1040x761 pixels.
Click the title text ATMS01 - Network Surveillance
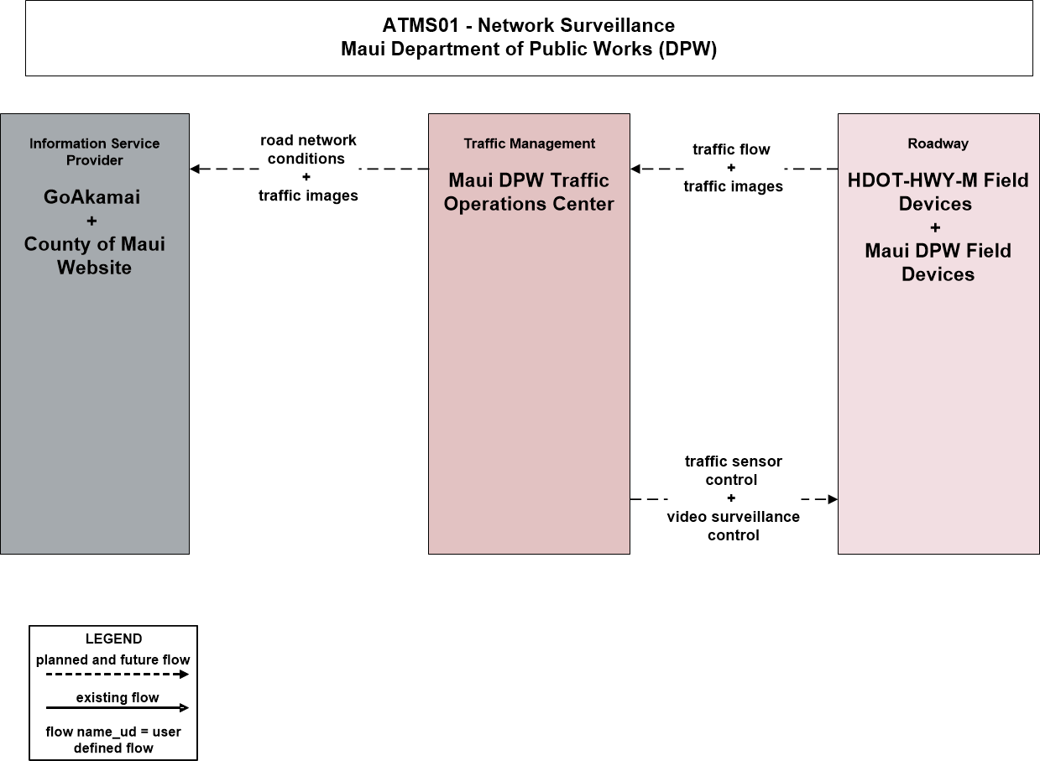[x=528, y=25]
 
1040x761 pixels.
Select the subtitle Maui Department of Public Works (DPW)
[x=529, y=49]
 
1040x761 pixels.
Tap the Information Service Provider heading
[x=94, y=152]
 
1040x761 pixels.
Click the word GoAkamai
[x=92, y=197]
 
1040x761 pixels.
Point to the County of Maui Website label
[x=94, y=256]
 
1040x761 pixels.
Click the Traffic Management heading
[x=530, y=143]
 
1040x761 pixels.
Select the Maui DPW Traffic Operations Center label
[x=529, y=192]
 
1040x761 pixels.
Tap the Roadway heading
[x=938, y=143]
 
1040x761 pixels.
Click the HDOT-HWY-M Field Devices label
[x=938, y=192]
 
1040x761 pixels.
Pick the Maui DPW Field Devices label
[x=938, y=263]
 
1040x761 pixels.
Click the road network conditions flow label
[x=308, y=149]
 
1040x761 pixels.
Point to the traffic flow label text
[x=731, y=149]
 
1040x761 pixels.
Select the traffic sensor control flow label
[x=733, y=470]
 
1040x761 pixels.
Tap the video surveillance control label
[x=733, y=526]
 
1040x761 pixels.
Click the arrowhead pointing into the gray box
[x=195, y=169]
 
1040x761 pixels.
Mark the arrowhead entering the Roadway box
[x=833, y=499]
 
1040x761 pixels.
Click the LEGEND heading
[x=114, y=639]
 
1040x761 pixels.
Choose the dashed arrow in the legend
[x=118, y=675]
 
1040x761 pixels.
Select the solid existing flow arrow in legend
[x=118, y=707]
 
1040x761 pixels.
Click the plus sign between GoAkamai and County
[x=92, y=221]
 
